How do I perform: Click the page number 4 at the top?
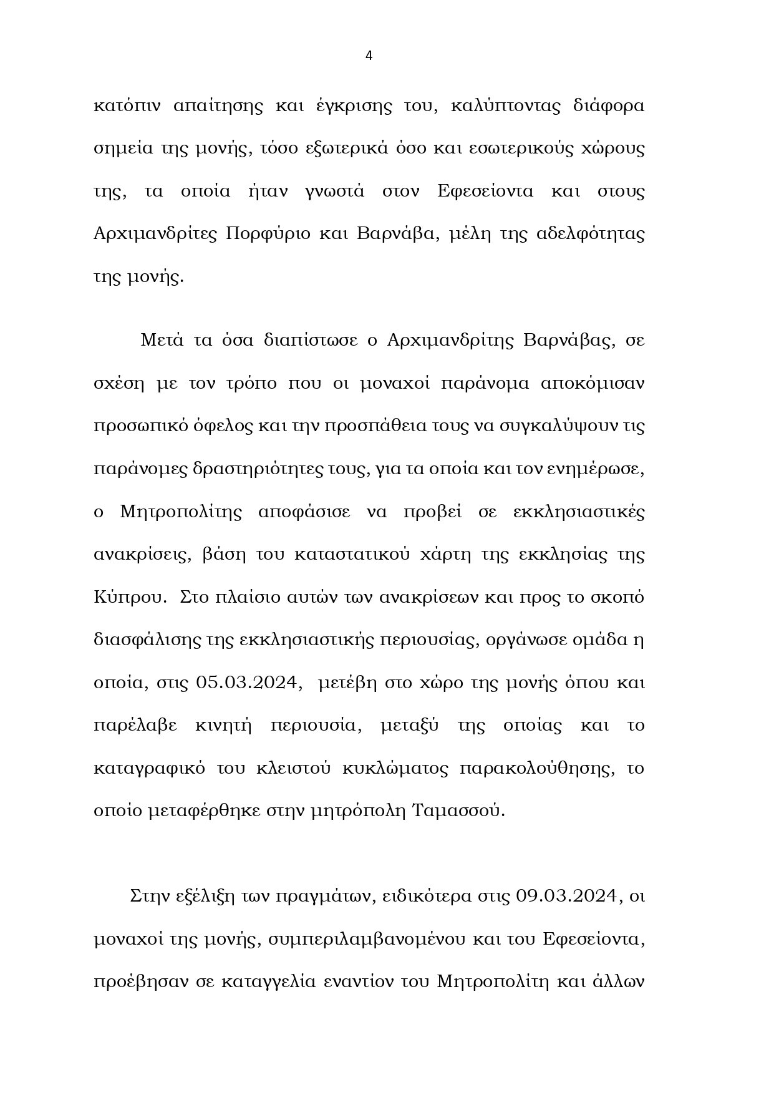(x=369, y=56)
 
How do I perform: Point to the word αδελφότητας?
(x=591, y=233)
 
